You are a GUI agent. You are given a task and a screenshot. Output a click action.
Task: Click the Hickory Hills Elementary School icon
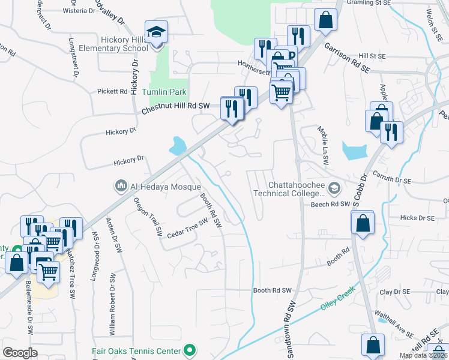[x=156, y=31]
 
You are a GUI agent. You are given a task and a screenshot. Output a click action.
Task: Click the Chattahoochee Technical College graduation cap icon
[x=334, y=189]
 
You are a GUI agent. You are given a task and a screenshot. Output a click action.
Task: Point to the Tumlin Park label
[x=164, y=92]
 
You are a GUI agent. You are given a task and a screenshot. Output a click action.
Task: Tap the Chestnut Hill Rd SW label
[x=175, y=108]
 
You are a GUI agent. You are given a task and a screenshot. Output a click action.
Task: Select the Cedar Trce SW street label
[x=186, y=227]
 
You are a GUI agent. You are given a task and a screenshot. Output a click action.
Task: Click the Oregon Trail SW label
[x=148, y=215]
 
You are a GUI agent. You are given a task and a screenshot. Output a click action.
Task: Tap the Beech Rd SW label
[x=330, y=205]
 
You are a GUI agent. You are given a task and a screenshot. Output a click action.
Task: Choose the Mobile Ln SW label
[x=324, y=142]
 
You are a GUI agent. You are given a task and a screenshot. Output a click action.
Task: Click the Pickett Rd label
[x=112, y=92]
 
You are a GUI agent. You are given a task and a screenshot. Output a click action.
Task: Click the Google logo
[x=20, y=353]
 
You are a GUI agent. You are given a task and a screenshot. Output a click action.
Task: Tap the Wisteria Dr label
[x=72, y=10]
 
